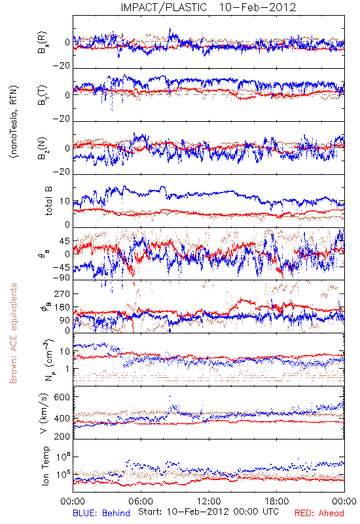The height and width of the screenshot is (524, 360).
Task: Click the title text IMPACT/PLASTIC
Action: [164, 7]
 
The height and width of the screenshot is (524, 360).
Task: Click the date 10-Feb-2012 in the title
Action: [257, 7]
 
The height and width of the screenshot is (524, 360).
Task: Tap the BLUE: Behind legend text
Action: [101, 513]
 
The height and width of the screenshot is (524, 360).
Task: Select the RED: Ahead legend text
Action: [319, 513]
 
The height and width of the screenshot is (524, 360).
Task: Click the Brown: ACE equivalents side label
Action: [13, 333]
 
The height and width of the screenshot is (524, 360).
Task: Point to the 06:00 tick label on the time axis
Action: [141, 501]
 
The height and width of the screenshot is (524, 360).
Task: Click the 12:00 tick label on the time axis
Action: [209, 501]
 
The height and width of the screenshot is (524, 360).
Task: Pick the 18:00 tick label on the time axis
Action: [277, 501]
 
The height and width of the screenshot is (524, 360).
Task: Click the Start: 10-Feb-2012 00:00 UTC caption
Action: [208, 512]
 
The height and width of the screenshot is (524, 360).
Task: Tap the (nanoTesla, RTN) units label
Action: [14, 122]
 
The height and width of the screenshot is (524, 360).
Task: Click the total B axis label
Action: [48, 201]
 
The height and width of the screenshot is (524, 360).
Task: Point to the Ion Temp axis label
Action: [45, 466]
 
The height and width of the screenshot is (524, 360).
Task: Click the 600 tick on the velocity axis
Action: [62, 397]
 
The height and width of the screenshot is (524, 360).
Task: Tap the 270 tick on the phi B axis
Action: [62, 293]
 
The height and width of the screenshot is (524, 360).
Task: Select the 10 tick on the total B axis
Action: [65, 201]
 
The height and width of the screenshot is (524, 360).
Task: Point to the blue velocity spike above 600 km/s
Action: [170, 397]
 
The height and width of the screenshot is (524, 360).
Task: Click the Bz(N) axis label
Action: [42, 148]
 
